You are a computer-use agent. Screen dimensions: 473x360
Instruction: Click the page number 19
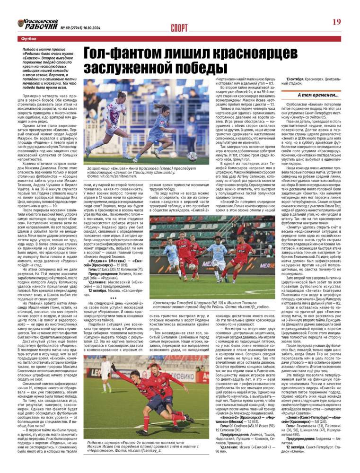coord(336,22)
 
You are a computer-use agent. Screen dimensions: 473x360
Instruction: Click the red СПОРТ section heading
coord(179,28)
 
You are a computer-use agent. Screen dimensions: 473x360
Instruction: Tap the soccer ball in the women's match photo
coord(192,156)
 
